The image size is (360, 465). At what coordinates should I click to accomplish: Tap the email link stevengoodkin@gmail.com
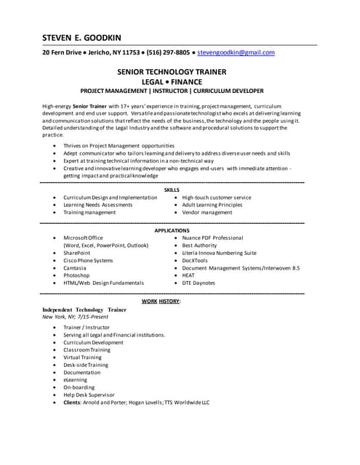(236, 53)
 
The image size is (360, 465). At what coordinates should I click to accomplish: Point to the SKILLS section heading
(172, 189)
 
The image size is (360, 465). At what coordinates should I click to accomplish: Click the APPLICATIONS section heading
(172, 230)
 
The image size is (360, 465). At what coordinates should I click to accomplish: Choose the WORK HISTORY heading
(161, 301)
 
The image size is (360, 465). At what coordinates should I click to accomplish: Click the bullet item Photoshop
(76, 276)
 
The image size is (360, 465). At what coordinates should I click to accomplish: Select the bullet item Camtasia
(76, 268)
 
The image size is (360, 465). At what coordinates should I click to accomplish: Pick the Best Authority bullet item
(199, 246)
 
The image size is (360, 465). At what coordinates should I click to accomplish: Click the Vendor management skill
(207, 213)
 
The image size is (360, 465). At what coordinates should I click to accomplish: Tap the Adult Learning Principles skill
(212, 205)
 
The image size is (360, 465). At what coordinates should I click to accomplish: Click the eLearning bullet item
(75, 379)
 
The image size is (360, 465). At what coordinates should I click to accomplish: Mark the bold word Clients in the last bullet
(72, 402)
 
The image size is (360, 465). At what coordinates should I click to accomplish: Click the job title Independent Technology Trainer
(84, 310)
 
